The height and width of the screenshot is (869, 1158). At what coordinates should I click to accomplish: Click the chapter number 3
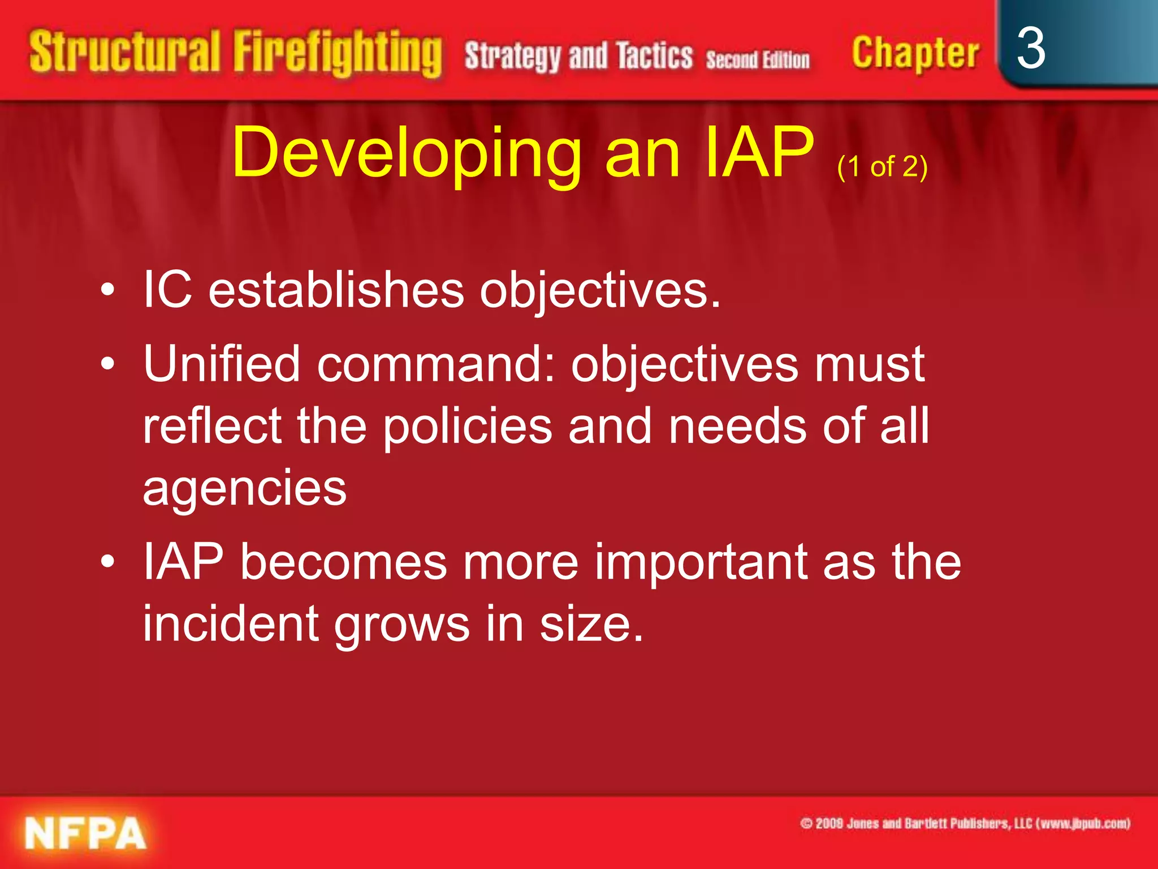(x=1031, y=49)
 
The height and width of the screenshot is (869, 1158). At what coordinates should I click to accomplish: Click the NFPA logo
(x=85, y=833)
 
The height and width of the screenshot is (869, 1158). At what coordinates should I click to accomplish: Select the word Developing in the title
(x=407, y=153)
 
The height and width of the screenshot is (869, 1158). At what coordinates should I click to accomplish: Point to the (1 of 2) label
(x=882, y=167)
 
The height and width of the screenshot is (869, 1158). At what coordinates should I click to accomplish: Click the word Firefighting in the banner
(x=338, y=54)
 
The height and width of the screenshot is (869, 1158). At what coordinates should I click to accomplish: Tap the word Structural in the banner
(x=124, y=52)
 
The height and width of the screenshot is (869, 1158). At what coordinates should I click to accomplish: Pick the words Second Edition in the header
(x=758, y=59)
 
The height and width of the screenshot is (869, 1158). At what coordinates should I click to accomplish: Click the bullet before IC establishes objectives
(x=107, y=291)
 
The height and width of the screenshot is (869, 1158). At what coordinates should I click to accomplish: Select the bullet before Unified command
(x=107, y=364)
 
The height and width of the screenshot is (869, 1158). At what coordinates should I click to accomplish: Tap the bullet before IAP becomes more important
(x=107, y=562)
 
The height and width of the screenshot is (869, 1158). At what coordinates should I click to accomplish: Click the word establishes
(x=336, y=290)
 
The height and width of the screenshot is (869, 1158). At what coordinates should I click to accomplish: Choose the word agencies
(x=244, y=488)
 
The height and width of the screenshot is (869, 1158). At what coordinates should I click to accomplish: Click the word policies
(x=467, y=426)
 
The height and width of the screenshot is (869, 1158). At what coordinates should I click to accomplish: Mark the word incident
(x=230, y=624)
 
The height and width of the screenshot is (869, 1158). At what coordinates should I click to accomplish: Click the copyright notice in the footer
(x=965, y=823)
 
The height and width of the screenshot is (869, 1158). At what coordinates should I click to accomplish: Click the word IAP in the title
(x=759, y=153)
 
